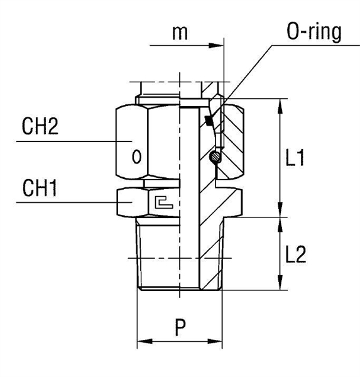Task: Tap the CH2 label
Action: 40,128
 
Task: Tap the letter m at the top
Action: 180,33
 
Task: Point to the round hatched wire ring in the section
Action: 214,157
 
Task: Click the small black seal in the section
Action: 209,119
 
